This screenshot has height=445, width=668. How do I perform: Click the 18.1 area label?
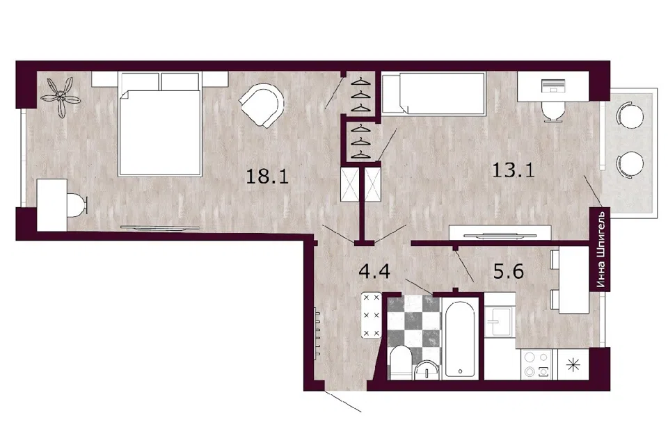click(267, 176)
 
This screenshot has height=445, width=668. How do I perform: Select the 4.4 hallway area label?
click(374, 271)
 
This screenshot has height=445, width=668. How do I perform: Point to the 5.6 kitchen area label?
click(508, 271)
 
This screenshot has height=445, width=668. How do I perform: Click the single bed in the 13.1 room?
click(434, 94)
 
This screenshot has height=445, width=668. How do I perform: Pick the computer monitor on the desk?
click(552, 85)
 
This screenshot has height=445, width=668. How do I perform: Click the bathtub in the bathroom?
click(460, 339)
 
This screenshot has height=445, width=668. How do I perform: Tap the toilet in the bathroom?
click(401, 362)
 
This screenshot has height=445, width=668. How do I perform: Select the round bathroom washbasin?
click(427, 370)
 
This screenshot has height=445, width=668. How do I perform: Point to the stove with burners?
click(536, 364)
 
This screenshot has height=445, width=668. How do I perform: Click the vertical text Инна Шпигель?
click(601, 250)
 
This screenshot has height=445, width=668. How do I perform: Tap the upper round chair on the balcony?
click(628, 115)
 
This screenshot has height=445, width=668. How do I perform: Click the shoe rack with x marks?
click(371, 315)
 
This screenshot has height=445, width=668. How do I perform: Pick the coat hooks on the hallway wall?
click(317, 334)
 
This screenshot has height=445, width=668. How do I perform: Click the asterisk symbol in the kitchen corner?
click(573, 365)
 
